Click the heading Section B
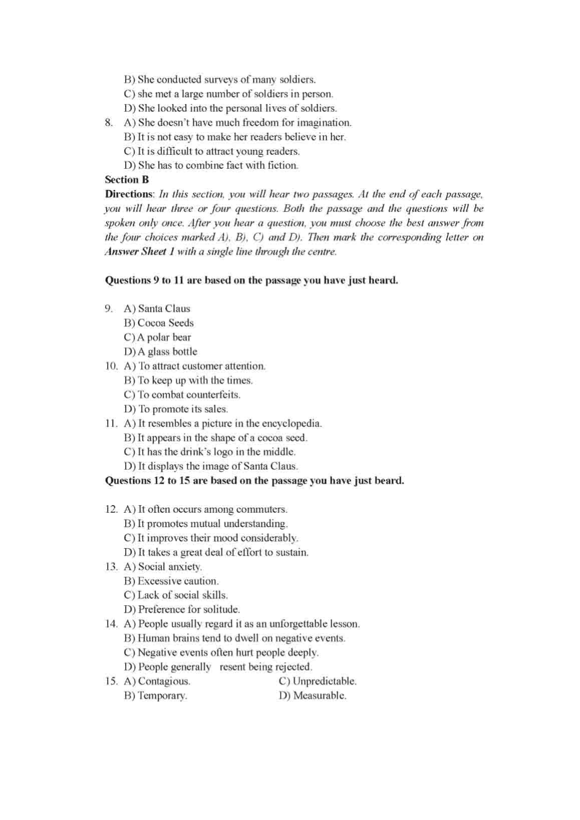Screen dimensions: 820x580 tap(127, 180)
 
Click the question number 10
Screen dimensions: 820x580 tap(111, 366)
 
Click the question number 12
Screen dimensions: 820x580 tap(111, 510)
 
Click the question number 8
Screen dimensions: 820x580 tap(108, 123)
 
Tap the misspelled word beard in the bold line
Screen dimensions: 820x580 tap(389, 481)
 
